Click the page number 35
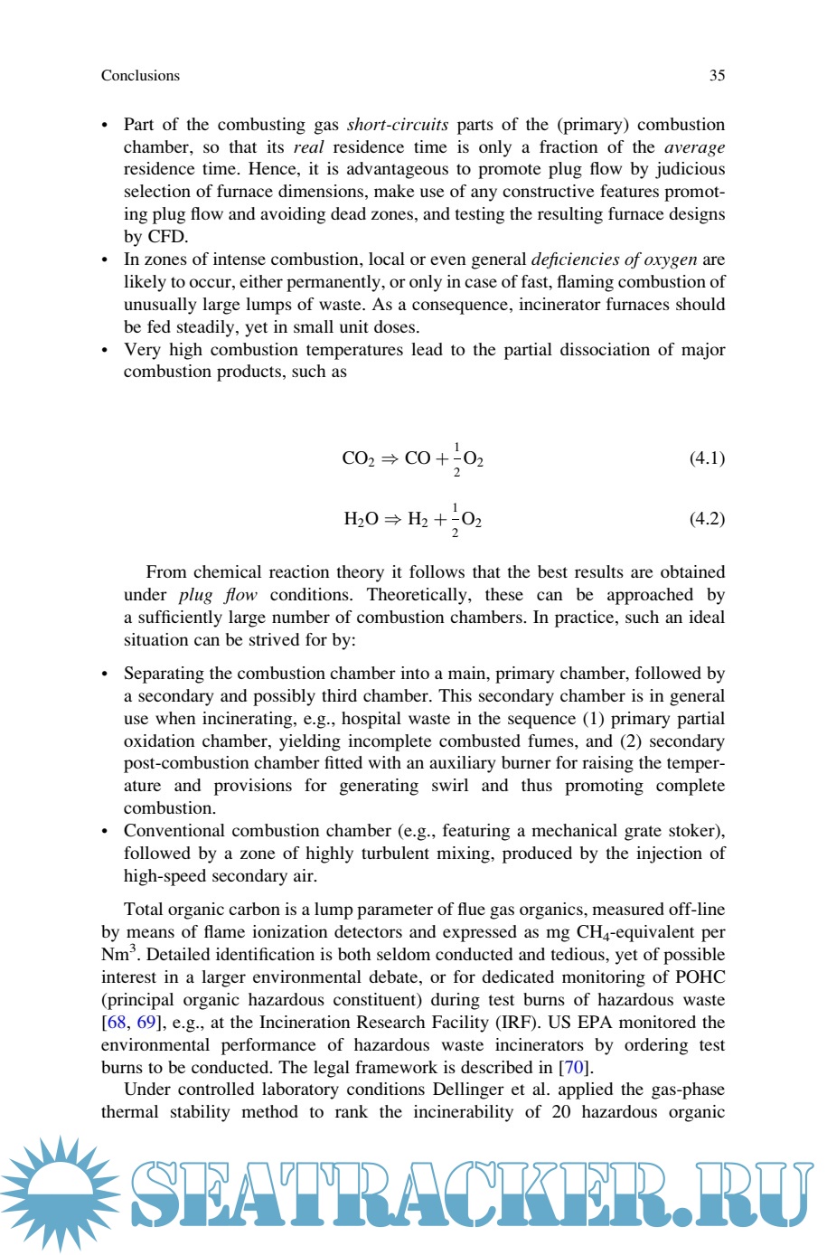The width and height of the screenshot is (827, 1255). tap(717, 76)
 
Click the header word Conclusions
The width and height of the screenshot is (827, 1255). tap(140, 76)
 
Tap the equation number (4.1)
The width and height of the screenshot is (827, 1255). tap(707, 458)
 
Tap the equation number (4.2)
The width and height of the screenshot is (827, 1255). tap(707, 519)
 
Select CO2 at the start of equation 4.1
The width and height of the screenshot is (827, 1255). tap(358, 458)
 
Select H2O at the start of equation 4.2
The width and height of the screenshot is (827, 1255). tap(361, 520)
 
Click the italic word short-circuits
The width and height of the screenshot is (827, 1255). tap(397, 125)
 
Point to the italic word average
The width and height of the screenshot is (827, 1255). tap(694, 147)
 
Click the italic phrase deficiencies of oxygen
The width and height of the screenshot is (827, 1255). tap(614, 259)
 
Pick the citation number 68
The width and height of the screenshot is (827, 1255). tap(117, 1023)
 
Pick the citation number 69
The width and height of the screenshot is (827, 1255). tap(146, 1023)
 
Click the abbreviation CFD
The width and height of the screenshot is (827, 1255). tap(166, 237)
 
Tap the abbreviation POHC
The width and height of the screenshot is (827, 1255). tap(700, 977)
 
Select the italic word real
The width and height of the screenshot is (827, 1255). tap(308, 147)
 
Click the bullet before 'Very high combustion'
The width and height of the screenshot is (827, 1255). tap(105, 351)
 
